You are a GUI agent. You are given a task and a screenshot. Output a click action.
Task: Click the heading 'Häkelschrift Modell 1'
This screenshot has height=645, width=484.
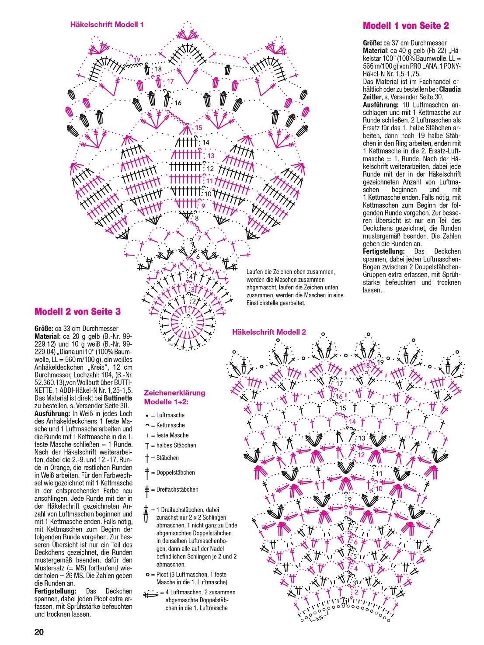click(x=107, y=24)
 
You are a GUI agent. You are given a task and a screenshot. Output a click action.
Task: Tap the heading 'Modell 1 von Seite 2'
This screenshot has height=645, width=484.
click(x=406, y=26)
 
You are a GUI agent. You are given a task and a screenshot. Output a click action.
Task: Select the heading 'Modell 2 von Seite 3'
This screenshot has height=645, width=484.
click(x=77, y=312)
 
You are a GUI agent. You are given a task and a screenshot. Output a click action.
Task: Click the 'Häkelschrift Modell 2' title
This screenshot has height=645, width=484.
click(x=269, y=332)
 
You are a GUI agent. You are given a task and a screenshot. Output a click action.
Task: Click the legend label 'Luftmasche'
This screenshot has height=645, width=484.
click(x=171, y=415)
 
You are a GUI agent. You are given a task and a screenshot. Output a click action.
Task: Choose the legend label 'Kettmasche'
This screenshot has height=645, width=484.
click(x=171, y=425)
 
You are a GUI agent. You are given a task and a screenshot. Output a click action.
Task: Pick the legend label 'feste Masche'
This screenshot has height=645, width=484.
click(x=173, y=435)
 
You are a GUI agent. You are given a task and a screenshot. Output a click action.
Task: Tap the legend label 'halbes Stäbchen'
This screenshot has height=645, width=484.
click(x=176, y=445)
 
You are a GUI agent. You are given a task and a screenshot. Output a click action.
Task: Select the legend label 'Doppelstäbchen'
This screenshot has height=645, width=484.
click(x=176, y=472)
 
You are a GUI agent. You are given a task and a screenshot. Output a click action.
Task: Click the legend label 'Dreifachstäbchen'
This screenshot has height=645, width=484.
click(x=178, y=489)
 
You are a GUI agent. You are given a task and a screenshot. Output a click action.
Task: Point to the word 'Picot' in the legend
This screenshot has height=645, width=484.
click(x=164, y=575)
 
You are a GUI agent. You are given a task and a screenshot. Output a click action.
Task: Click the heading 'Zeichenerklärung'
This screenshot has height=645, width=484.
click(x=174, y=392)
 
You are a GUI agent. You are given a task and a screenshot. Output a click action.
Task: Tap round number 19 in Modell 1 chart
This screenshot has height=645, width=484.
click(x=137, y=60)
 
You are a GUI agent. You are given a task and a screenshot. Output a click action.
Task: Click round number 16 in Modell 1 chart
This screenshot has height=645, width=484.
click(x=178, y=103)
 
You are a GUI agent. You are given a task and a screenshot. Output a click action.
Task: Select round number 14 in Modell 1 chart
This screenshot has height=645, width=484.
click(x=205, y=142)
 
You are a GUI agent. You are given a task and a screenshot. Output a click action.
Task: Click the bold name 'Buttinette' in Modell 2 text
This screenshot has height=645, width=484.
click(x=118, y=398)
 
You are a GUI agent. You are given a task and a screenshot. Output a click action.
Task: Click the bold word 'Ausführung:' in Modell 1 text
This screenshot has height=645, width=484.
click(x=380, y=105)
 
